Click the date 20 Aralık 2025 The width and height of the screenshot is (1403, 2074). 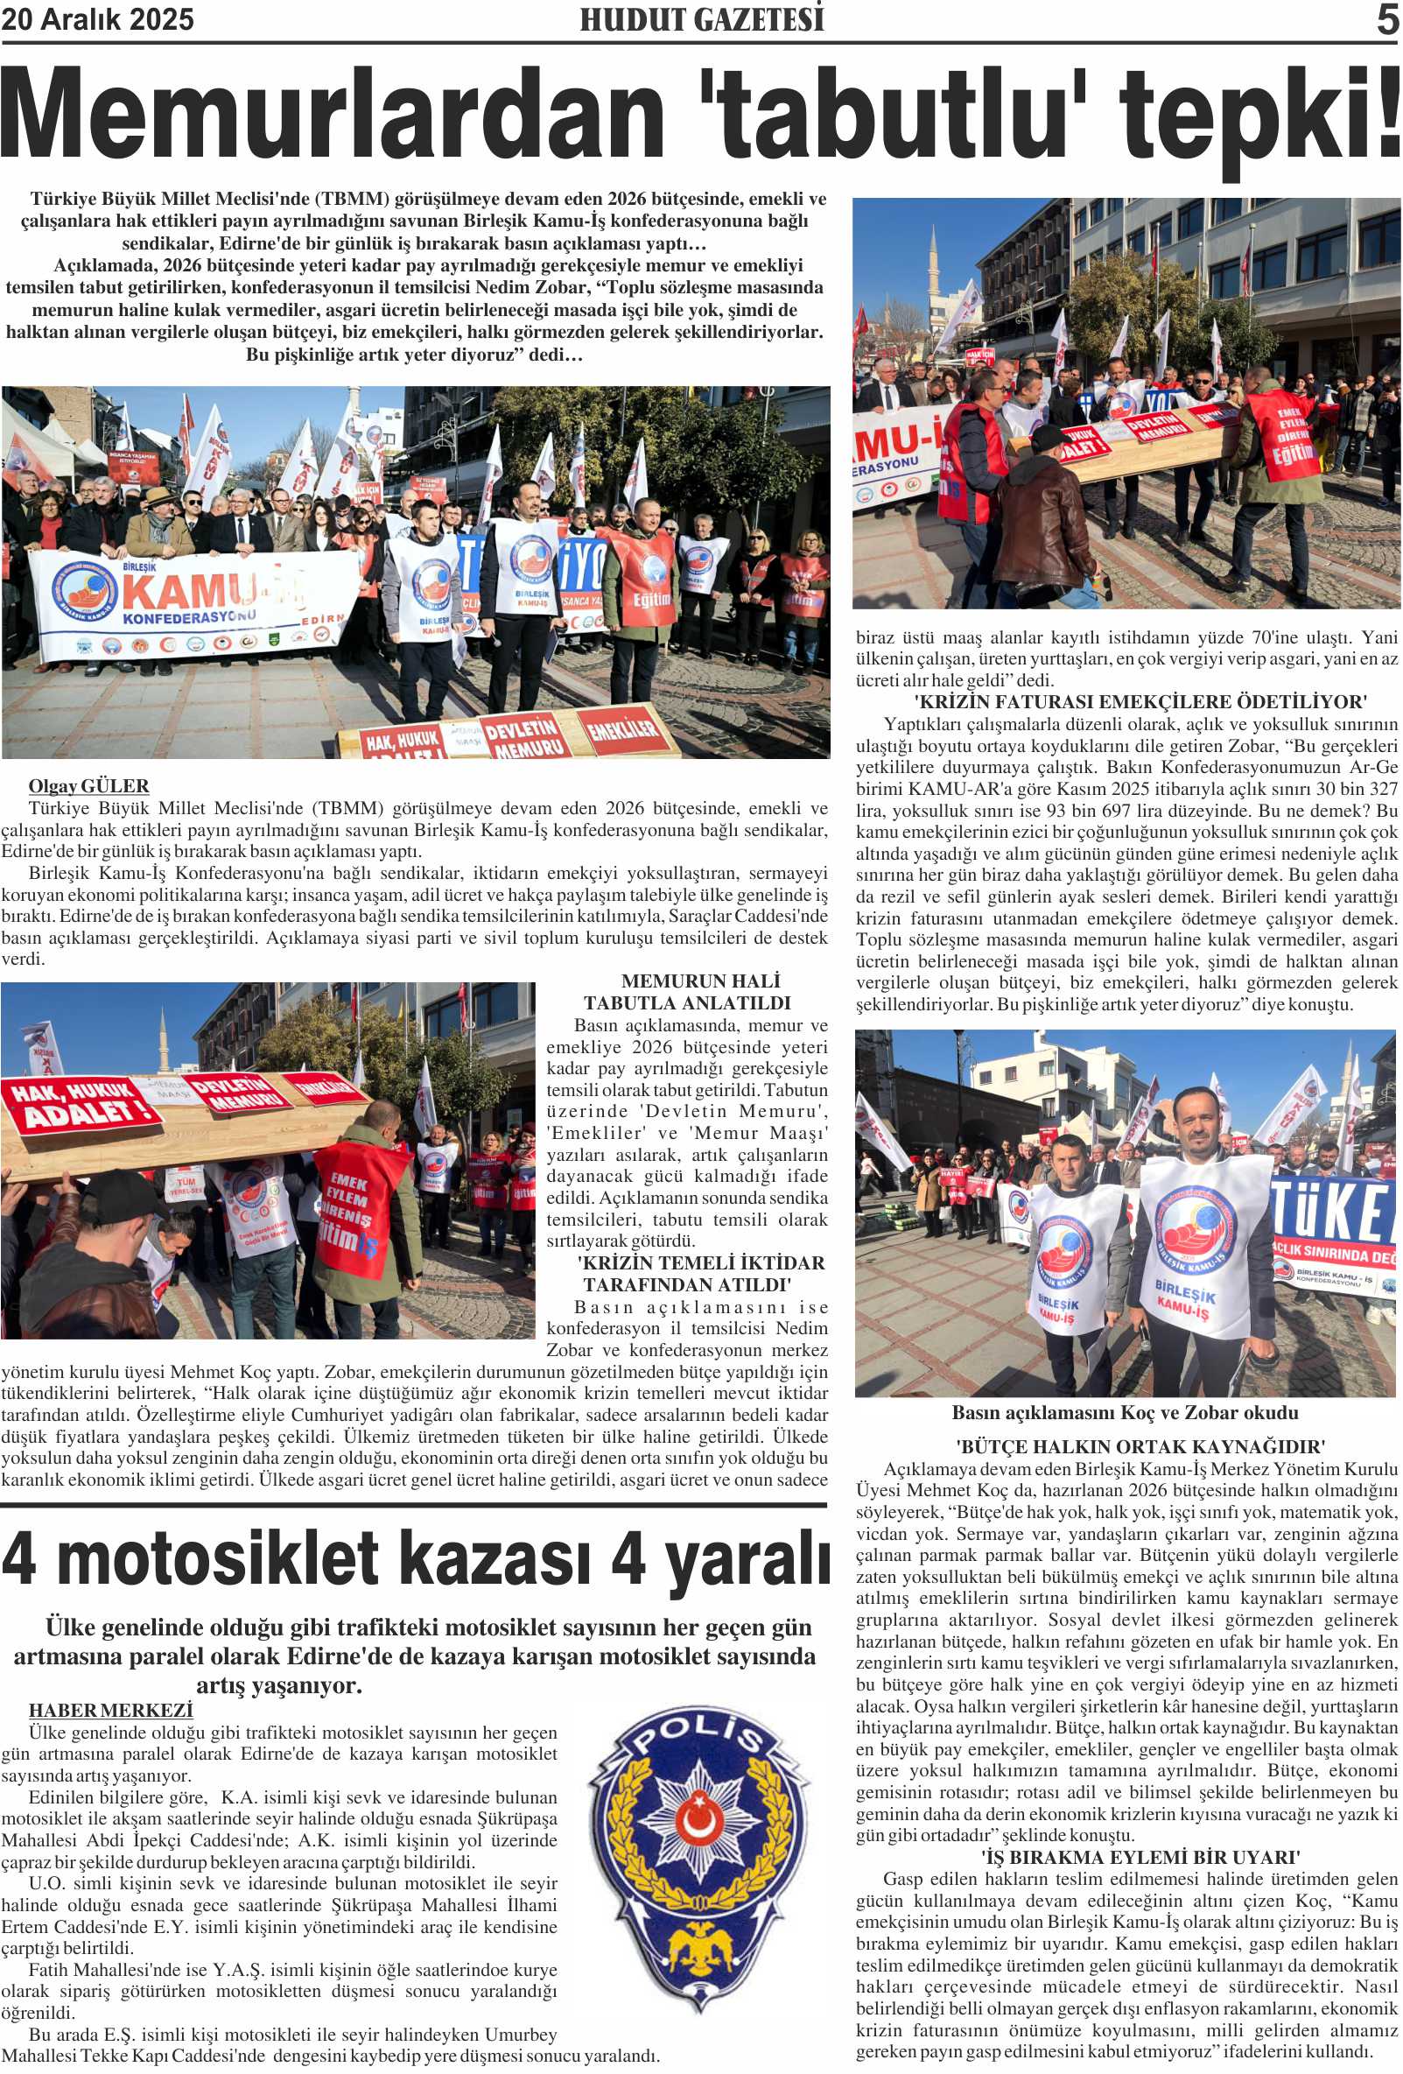point(97,19)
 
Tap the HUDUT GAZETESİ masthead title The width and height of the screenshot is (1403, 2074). point(702,19)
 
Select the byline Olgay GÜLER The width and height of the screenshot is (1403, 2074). point(88,786)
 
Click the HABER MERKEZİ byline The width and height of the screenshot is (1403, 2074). point(110,1710)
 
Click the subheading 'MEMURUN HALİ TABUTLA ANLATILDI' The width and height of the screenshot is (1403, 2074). point(687,992)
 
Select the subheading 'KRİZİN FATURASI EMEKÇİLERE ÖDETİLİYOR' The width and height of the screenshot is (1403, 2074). point(1140,701)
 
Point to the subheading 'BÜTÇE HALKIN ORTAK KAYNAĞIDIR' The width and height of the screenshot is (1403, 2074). point(1140,1446)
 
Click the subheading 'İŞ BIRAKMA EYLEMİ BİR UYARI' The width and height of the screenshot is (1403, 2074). point(1140,1857)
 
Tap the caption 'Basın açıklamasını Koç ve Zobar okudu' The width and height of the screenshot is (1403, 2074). point(1125,1413)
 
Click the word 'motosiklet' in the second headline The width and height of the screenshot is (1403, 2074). point(218,1558)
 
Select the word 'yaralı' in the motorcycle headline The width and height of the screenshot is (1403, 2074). point(747,1558)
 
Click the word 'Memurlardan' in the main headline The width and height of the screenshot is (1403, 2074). point(330,116)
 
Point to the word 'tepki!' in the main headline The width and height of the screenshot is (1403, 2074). point(1258,116)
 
